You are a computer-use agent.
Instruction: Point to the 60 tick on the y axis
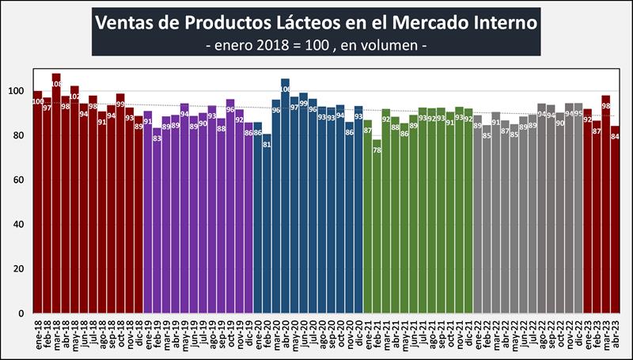coord(22,180)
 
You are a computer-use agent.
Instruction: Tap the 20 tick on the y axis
coord(22,269)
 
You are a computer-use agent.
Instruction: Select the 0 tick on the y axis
coord(25,313)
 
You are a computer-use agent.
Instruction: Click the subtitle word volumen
coord(400,47)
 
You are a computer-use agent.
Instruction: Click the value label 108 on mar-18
coord(56,83)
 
